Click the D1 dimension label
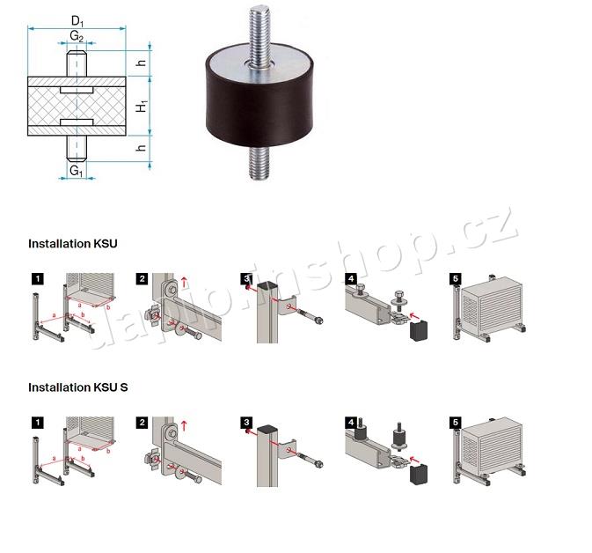coord(77,18)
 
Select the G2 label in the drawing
coord(77,37)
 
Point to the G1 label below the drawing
coord(77,169)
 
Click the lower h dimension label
coord(142,149)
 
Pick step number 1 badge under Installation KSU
coord(36,279)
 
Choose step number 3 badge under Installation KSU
coord(247,279)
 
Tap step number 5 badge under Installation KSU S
coord(455,423)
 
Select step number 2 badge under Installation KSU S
coord(142,423)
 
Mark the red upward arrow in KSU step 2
coord(184,284)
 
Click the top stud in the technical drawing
coord(77,64)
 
